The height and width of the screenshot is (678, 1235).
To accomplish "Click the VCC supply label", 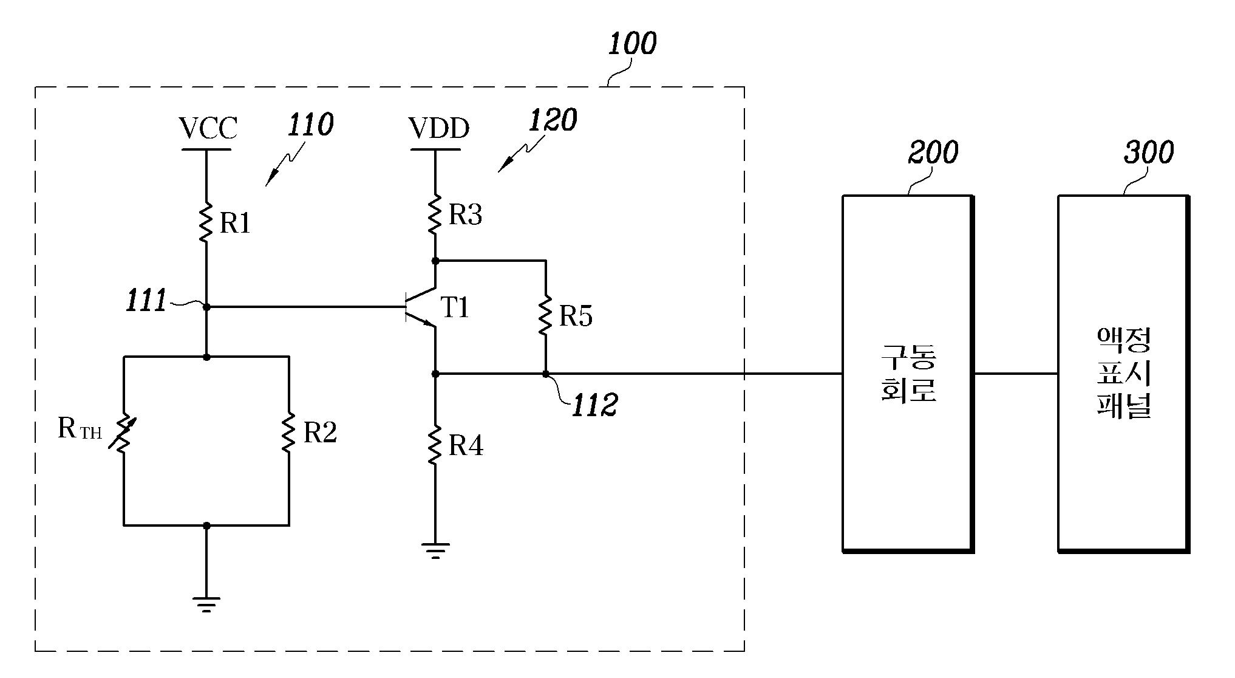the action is coord(208,128).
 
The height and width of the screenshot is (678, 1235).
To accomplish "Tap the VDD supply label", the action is coord(438,128).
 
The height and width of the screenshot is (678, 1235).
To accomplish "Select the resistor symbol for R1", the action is coord(206,223).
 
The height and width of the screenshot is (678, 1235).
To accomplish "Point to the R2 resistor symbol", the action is coord(288,432).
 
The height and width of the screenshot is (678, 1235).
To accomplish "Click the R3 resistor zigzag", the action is coord(435,214).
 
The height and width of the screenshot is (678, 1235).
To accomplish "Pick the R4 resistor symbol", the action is coord(435,445).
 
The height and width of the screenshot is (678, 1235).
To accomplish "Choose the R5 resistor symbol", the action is coord(545,315).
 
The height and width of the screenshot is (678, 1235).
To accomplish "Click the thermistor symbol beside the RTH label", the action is coord(123,432).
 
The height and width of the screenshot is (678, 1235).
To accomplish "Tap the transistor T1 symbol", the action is coord(422,307).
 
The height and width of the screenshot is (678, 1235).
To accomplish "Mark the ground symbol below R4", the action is coord(435,550).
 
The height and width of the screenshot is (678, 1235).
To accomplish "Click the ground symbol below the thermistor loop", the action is coord(206,605).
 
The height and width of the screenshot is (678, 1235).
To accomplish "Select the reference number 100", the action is coord(632,44).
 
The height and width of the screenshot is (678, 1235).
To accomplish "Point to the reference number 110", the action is coord(310,125).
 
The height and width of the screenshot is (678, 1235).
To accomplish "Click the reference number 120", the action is coord(553,120).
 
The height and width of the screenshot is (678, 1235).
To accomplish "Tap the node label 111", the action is coord(146,301).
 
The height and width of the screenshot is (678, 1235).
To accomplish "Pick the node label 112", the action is coord(594,405).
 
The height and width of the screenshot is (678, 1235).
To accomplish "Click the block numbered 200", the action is coord(908,374).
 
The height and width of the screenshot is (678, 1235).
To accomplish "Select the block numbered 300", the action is coord(1123,374).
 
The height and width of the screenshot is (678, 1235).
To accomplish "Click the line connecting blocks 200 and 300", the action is coord(1016,374).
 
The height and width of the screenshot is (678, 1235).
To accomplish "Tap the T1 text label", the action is coord(455,307).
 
